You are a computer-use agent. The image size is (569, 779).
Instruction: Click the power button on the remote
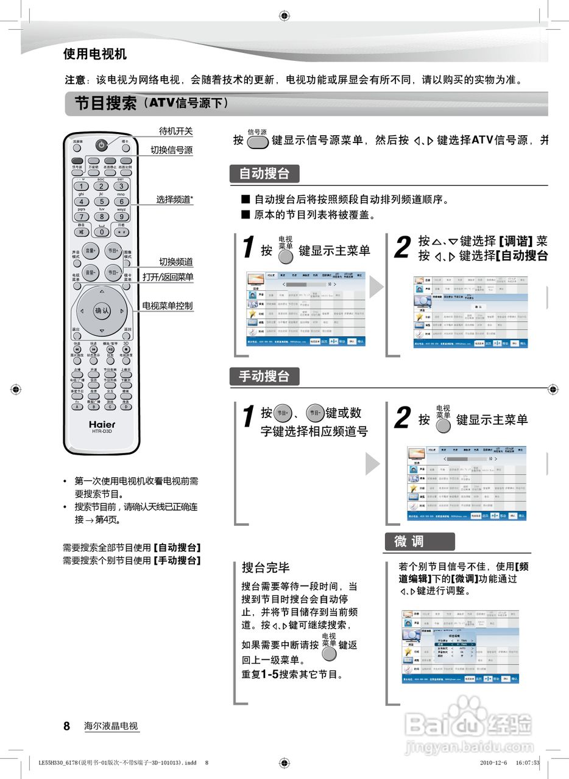pos(101,145)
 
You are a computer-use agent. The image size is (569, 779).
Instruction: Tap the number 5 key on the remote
pos(101,201)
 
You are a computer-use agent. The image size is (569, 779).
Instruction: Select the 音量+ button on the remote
pos(91,251)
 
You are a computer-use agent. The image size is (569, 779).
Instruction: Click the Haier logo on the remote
pos(102,424)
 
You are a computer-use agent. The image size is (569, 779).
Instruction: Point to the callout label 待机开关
pos(175,131)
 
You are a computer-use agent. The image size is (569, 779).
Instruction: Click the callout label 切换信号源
pos(172,150)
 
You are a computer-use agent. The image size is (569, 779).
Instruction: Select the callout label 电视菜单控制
pos(168,306)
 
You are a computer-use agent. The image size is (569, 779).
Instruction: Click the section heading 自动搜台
pos(264,174)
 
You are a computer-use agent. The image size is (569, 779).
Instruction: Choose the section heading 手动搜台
pos(264,376)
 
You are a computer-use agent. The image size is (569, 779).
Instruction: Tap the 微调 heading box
pos(419,541)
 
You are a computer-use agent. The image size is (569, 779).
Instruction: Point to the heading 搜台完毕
pos(266,568)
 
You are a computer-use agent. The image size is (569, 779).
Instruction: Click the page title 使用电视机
pos(95,54)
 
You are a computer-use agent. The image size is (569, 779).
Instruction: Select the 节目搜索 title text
pos(105,103)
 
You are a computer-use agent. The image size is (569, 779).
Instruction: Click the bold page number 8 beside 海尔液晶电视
pos(67,726)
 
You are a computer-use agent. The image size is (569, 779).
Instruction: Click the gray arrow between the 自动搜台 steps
pos(376,287)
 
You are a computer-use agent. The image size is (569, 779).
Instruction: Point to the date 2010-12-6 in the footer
pos(494,762)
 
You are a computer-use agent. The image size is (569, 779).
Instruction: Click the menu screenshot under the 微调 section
pos(461,646)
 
